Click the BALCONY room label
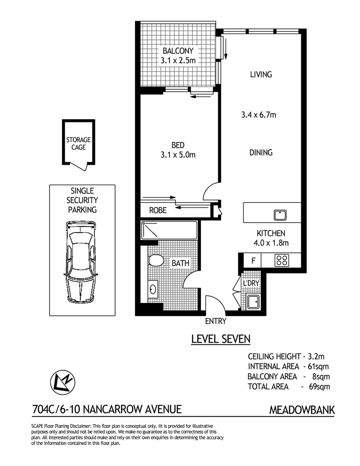coord(178,51)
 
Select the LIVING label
coord(261,74)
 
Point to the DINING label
coord(261,152)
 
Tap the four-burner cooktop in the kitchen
coord(282,260)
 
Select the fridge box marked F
coord(253,260)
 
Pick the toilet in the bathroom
coord(155,260)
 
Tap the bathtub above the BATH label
coord(169,230)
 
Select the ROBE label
coord(158,211)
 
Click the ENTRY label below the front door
coord(216,321)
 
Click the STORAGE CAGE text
coord(78,144)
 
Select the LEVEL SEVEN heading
coord(220,339)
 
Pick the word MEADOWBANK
coord(302,409)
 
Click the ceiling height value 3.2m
coord(319,356)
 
